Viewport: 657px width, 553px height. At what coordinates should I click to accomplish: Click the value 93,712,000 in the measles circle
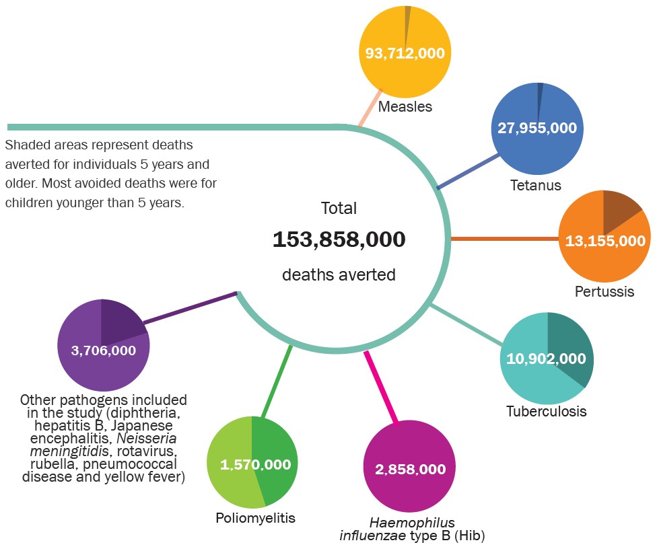[405, 53]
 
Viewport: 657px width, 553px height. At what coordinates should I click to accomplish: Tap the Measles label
[405, 106]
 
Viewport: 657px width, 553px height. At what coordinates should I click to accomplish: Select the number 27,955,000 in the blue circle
[537, 128]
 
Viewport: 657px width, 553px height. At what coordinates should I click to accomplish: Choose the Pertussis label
[604, 292]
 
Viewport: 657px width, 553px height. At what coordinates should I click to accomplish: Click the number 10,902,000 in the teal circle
[547, 359]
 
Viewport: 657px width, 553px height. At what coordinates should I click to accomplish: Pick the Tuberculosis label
[546, 410]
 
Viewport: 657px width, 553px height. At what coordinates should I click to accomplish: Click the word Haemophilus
[411, 523]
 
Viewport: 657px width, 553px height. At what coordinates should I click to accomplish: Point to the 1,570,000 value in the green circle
[255, 464]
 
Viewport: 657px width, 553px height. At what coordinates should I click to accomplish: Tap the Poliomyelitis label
[255, 517]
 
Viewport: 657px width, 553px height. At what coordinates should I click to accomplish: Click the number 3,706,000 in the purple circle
[103, 350]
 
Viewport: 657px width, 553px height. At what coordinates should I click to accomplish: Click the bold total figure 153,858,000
[339, 239]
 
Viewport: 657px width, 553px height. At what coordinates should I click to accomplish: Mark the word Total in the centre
[339, 208]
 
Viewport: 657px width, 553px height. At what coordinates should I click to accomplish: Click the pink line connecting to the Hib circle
[382, 388]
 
